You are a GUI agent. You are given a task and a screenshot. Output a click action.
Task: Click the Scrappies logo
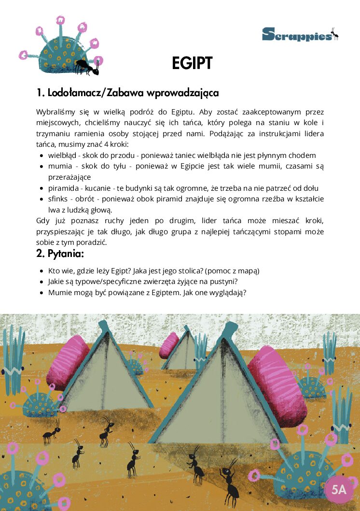300,34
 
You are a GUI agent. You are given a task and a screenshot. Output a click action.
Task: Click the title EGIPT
192,63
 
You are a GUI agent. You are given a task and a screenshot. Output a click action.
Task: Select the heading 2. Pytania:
60,253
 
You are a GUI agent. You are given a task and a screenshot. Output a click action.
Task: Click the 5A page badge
339,489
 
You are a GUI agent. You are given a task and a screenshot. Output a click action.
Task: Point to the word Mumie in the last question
59,293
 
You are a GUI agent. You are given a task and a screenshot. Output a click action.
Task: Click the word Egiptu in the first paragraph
179,112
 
